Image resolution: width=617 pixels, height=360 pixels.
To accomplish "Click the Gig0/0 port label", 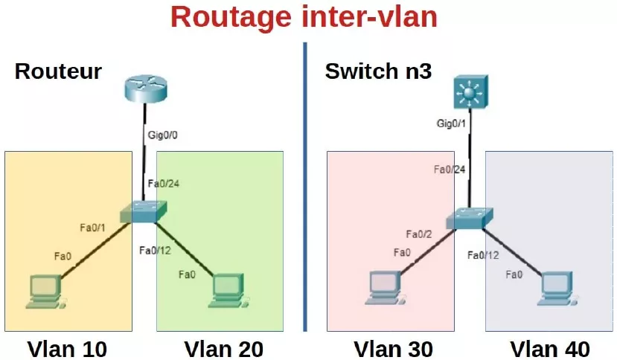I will click(x=164, y=136).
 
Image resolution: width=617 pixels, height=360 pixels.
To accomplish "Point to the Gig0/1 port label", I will click(x=452, y=123).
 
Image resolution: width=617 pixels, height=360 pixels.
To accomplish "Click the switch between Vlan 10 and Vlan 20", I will click(x=147, y=211).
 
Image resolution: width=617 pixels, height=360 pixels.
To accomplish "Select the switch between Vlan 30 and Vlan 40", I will click(x=467, y=219).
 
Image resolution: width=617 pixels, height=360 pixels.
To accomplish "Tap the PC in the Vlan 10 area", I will click(x=45, y=291).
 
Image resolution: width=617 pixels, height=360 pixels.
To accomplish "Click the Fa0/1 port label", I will click(x=94, y=227).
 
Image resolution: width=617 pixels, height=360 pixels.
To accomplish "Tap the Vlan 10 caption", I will click(x=67, y=348).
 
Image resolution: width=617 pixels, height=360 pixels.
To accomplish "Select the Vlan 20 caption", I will click(x=223, y=348).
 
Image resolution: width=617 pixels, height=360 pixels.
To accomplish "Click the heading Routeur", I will click(x=58, y=72).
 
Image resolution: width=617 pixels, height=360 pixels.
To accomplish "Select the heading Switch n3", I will click(x=378, y=72).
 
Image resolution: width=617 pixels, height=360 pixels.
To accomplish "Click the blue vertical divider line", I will click(x=304, y=186).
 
